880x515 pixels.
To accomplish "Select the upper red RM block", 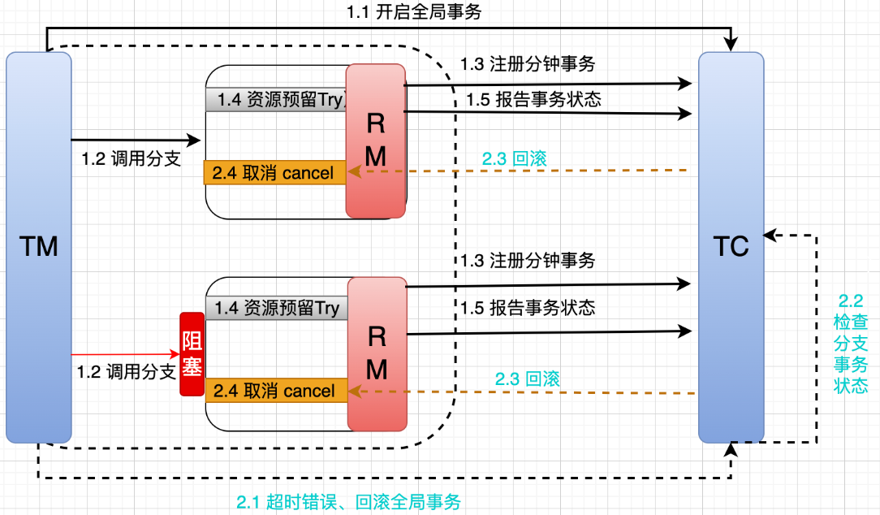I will tap(375, 141).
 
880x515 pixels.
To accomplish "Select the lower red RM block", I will tap(376, 354).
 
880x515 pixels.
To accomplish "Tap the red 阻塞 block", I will tap(192, 354).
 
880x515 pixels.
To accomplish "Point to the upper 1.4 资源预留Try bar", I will tap(276, 101).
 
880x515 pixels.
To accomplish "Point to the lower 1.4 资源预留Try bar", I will tap(277, 309).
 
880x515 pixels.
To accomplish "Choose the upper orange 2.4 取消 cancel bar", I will tap(274, 173).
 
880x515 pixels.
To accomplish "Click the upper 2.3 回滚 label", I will tap(514, 158).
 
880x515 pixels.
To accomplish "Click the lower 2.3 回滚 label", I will tap(528, 379).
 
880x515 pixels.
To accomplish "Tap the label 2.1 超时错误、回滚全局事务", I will tap(348, 502).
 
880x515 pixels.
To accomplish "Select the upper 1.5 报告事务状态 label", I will tap(534, 99).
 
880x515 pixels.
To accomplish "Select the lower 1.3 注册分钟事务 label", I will tap(528, 261).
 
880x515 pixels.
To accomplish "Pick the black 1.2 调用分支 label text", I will tap(131, 159).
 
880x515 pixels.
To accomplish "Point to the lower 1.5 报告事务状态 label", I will tap(528, 308).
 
